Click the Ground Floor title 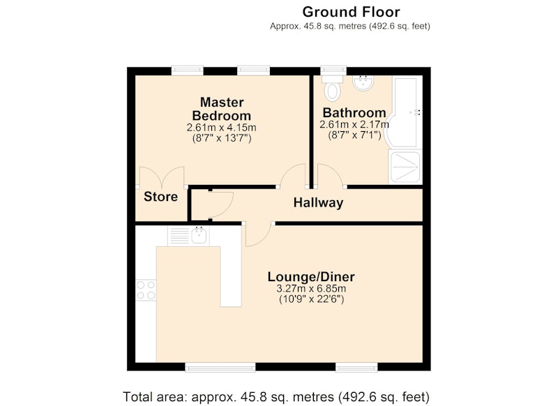pos(351,12)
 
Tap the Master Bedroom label pos(222,109)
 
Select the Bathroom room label pos(354,113)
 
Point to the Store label pos(160,197)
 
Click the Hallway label pos(318,203)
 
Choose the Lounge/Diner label pos(311,277)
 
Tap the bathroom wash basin pos(363,83)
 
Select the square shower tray pos(405,167)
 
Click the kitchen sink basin pos(199,235)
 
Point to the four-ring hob pos(146,290)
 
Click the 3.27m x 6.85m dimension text pos(311,289)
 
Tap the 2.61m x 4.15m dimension pos(221,128)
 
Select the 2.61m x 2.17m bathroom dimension pos(354,125)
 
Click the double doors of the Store pos(162,177)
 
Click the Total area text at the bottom pos(276,396)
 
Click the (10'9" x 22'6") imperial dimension pos(311,299)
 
